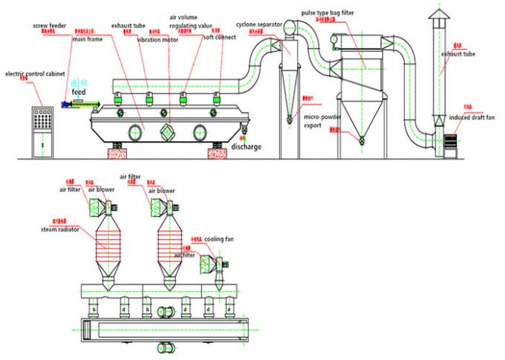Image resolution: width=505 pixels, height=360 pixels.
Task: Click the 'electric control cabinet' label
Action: pos(34,74)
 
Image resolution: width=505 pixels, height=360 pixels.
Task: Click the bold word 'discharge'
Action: pos(246,146)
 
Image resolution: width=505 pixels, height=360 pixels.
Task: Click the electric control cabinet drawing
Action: pos(35,131)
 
